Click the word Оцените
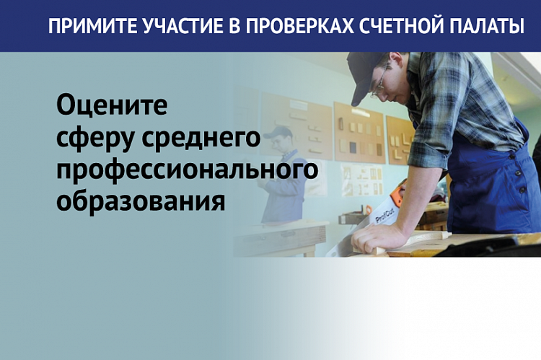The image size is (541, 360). tap(112, 105)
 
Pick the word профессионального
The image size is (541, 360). tap(188, 170)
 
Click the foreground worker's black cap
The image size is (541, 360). tap(366, 76)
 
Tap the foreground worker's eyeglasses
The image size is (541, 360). tap(379, 83)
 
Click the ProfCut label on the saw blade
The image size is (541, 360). tap(384, 216)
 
